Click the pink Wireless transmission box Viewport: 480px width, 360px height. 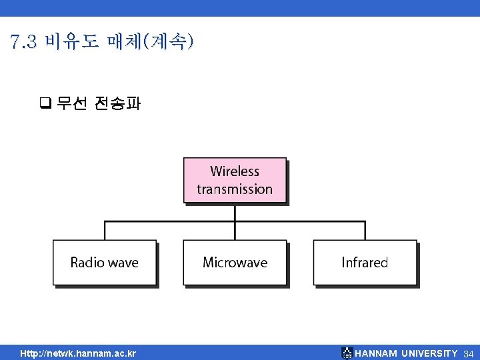235,180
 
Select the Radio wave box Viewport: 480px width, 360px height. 105,263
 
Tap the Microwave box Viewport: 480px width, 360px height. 235,263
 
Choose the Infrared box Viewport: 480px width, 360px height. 365,263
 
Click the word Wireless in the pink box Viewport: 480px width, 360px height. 235,171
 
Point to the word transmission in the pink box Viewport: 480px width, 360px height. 235,189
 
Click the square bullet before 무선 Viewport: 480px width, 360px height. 45,103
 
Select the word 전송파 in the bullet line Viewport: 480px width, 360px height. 117,103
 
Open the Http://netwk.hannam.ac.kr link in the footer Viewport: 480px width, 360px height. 78,353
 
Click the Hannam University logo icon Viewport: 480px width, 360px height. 347,353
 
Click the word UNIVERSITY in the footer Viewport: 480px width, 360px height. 429,353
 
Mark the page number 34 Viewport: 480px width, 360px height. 468,353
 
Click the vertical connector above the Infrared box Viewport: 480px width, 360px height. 365,231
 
